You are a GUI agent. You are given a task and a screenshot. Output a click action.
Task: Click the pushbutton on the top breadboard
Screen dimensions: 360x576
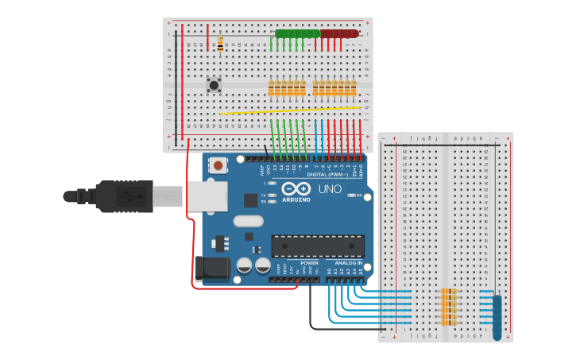point(213,84)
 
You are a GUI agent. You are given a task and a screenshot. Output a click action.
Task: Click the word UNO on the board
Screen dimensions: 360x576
point(330,189)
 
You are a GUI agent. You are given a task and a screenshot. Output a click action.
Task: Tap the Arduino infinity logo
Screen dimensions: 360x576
point(296,188)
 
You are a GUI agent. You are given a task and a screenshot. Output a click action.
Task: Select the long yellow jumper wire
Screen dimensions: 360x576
point(290,110)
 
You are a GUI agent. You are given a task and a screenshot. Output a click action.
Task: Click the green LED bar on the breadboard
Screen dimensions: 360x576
point(296,34)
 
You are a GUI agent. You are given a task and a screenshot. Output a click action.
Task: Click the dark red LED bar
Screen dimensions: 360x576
point(339,34)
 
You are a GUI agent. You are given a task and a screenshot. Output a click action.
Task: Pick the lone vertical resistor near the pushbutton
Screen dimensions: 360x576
point(220,45)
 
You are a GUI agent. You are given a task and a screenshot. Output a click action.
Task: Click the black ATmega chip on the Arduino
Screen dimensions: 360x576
point(318,246)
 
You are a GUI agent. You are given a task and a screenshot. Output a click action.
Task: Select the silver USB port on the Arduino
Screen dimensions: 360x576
point(206,196)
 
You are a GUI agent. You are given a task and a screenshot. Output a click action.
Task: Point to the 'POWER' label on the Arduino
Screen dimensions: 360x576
point(309,262)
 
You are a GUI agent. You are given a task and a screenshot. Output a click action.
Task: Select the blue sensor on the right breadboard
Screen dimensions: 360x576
point(497,317)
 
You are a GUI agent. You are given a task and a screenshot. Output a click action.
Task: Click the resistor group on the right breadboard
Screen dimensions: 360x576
point(450,307)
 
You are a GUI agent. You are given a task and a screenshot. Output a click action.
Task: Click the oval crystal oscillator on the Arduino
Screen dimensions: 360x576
point(248,221)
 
